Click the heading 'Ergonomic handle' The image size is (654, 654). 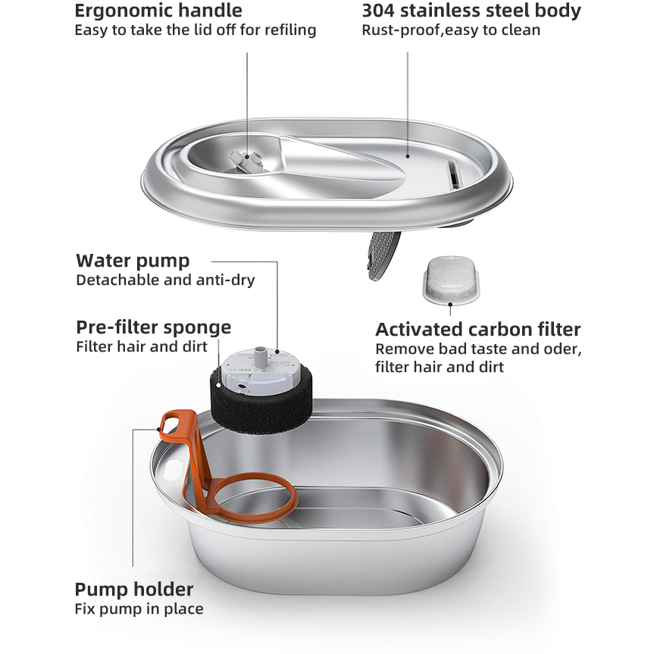click(x=158, y=11)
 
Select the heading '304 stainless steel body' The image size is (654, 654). click(x=471, y=11)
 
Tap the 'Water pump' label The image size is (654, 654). click(x=133, y=261)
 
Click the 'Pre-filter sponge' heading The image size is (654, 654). click(x=153, y=327)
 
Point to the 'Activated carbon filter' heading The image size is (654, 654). click(x=477, y=330)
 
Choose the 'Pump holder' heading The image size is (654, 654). click(x=133, y=589)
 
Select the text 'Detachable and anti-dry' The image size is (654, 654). click(x=165, y=280)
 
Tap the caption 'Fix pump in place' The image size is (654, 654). click(x=139, y=609)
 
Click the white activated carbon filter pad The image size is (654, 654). click(x=449, y=278)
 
